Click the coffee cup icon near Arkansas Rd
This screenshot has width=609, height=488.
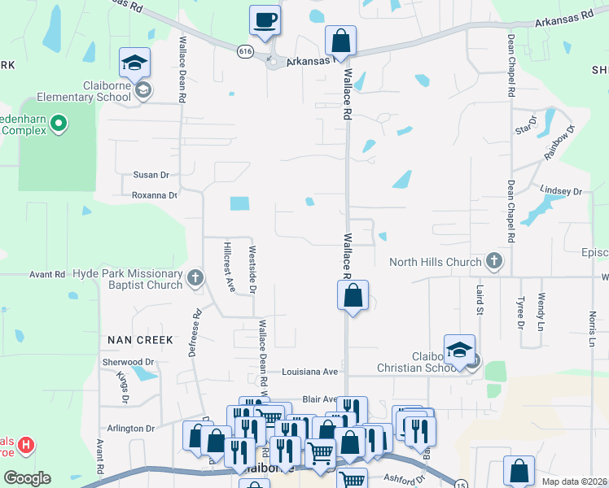pos(265,20)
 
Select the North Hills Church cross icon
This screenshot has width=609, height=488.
pos(493,261)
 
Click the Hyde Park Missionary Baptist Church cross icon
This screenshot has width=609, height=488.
pos(195,278)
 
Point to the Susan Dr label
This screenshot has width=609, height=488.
pos(151,175)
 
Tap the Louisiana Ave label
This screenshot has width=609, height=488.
pos(309,372)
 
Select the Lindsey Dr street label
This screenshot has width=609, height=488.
pos(562,192)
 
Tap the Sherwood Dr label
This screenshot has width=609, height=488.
pos(128,361)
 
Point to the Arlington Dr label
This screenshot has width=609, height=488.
pos(130,428)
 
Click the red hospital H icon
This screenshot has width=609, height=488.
pos(26,446)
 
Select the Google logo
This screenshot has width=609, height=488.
pos(27,477)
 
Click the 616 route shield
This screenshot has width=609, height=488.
pos(246,51)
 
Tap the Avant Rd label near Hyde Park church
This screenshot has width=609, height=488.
pos(47,275)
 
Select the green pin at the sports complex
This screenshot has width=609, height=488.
pos(58,124)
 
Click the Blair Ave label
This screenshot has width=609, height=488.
pos(319,399)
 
